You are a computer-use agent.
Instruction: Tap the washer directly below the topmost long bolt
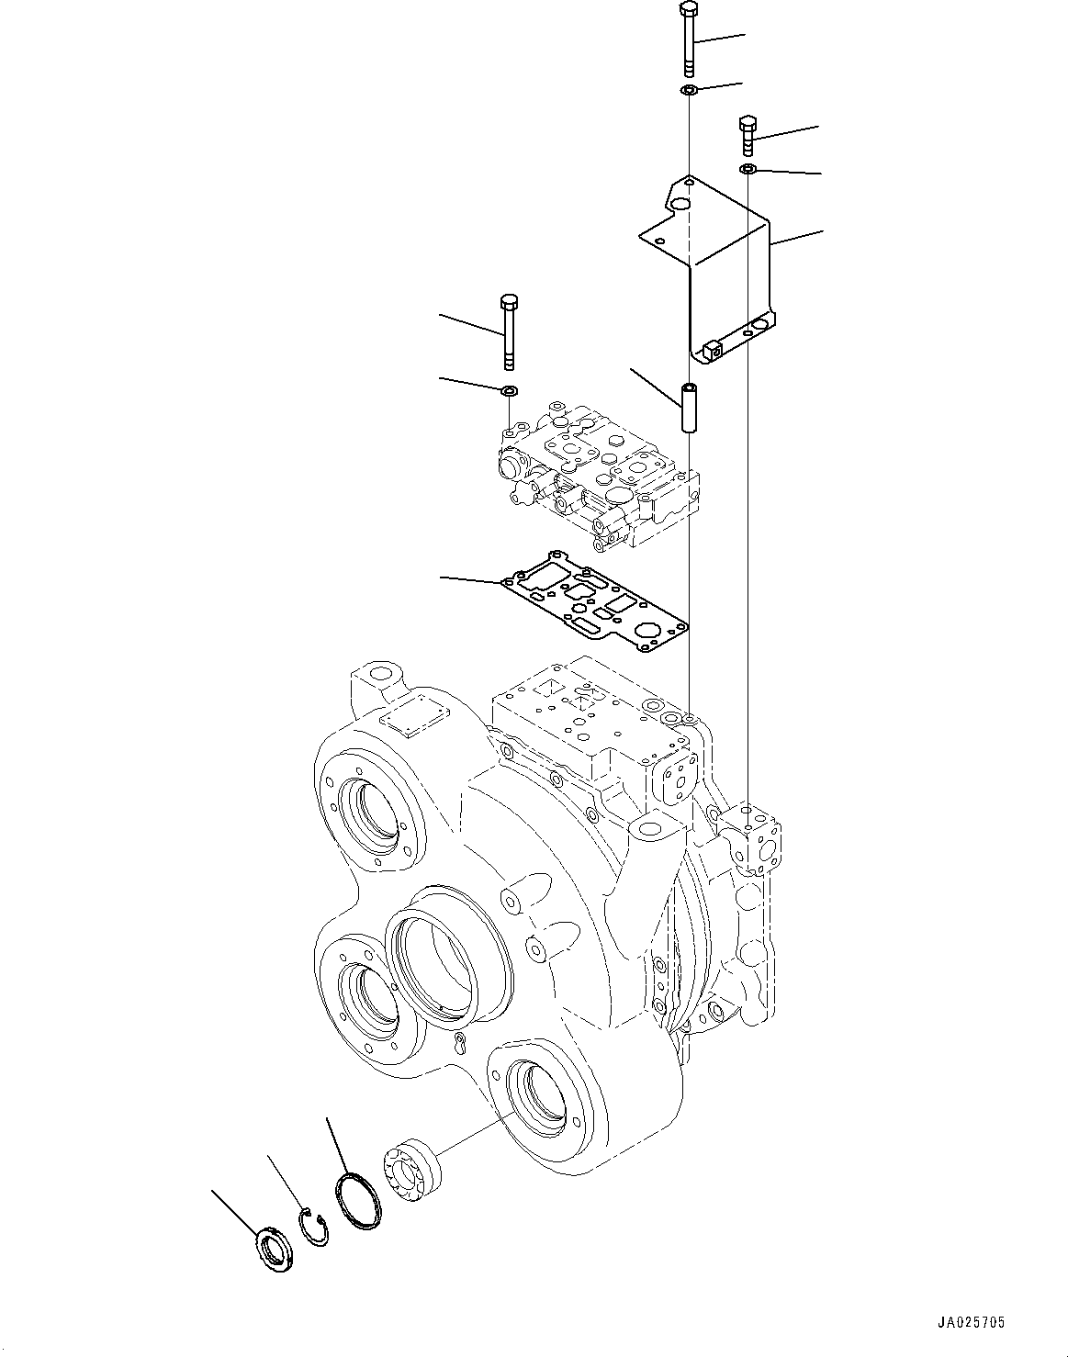click(689, 90)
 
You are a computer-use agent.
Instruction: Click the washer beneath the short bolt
click(748, 169)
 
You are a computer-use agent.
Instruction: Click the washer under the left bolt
click(509, 391)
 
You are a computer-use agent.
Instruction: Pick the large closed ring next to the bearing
click(358, 1201)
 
